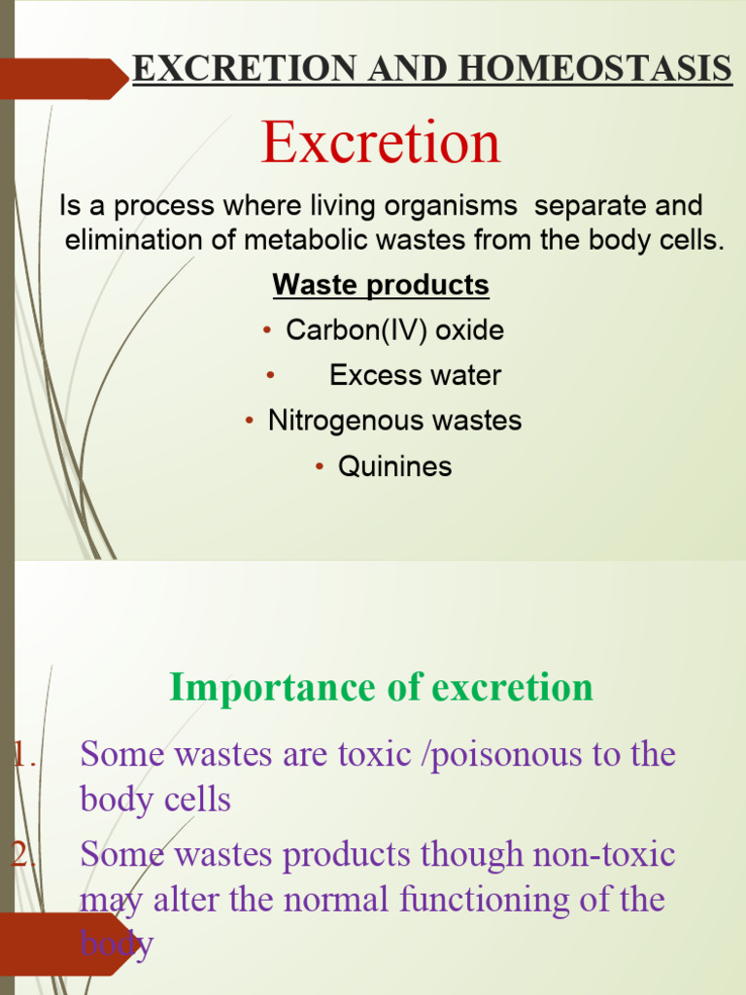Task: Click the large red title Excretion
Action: pos(380,143)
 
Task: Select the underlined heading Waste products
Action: pos(381,286)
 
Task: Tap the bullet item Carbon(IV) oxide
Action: pos(394,330)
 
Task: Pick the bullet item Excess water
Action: pos(415,375)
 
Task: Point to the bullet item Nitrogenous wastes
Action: pos(394,421)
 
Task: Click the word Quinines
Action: pos(394,466)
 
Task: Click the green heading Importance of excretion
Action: pos(381,687)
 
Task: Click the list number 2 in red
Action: pos(20,854)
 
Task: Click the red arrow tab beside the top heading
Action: pos(63,79)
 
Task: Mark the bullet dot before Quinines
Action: pos(321,467)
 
